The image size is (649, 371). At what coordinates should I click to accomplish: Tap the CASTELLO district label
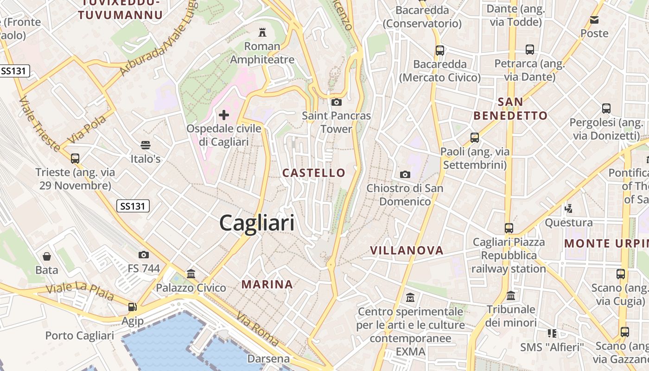click(x=314, y=173)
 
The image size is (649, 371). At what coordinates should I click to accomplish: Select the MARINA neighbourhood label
click(x=267, y=284)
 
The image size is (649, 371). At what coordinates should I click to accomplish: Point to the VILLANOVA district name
click(x=407, y=250)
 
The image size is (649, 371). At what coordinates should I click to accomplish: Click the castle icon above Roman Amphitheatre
click(x=262, y=32)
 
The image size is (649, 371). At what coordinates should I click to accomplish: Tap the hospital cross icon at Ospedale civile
click(x=224, y=115)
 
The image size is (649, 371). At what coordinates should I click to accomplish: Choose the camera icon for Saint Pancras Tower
click(x=336, y=102)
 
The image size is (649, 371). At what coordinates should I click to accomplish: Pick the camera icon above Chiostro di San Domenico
click(x=405, y=174)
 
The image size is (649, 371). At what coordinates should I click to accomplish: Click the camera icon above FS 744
click(x=143, y=255)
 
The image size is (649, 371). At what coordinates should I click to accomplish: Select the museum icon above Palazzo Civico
click(x=191, y=274)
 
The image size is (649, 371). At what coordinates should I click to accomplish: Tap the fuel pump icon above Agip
click(x=132, y=307)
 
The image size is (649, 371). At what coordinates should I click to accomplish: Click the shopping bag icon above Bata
click(x=47, y=256)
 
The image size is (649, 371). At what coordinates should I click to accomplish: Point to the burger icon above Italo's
click(x=146, y=145)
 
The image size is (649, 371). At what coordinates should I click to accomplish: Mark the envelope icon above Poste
click(x=594, y=20)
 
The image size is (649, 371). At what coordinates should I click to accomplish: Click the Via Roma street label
click(x=258, y=329)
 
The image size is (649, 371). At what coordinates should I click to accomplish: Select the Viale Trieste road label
click(x=39, y=124)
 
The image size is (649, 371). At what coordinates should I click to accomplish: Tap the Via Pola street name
click(x=87, y=129)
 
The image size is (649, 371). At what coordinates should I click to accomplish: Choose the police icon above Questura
click(x=568, y=209)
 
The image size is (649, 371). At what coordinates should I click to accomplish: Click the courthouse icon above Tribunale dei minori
click(x=511, y=295)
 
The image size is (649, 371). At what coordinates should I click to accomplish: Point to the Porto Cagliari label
click(x=79, y=336)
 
